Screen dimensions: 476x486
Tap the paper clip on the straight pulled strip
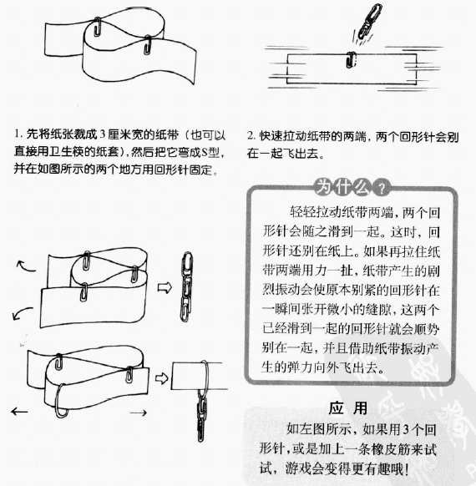click(351, 60)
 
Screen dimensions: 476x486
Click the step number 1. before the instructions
click(18, 134)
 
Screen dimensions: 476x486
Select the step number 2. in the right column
click(251, 135)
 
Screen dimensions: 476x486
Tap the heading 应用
click(348, 408)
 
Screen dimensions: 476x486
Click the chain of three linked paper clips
click(186, 286)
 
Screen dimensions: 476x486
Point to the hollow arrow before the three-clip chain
click(165, 287)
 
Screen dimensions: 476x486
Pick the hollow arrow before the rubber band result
click(161, 378)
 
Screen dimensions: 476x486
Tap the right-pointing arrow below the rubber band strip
click(139, 413)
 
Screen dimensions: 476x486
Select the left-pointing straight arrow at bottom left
click(19, 412)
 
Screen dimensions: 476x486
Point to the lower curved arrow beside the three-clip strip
click(22, 312)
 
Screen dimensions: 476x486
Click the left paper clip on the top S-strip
click(98, 27)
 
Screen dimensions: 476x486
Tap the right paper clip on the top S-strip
click(148, 45)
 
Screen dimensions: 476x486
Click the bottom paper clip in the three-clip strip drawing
click(84, 292)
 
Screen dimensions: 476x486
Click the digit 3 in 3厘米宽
click(102, 134)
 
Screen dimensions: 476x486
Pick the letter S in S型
click(205, 152)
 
